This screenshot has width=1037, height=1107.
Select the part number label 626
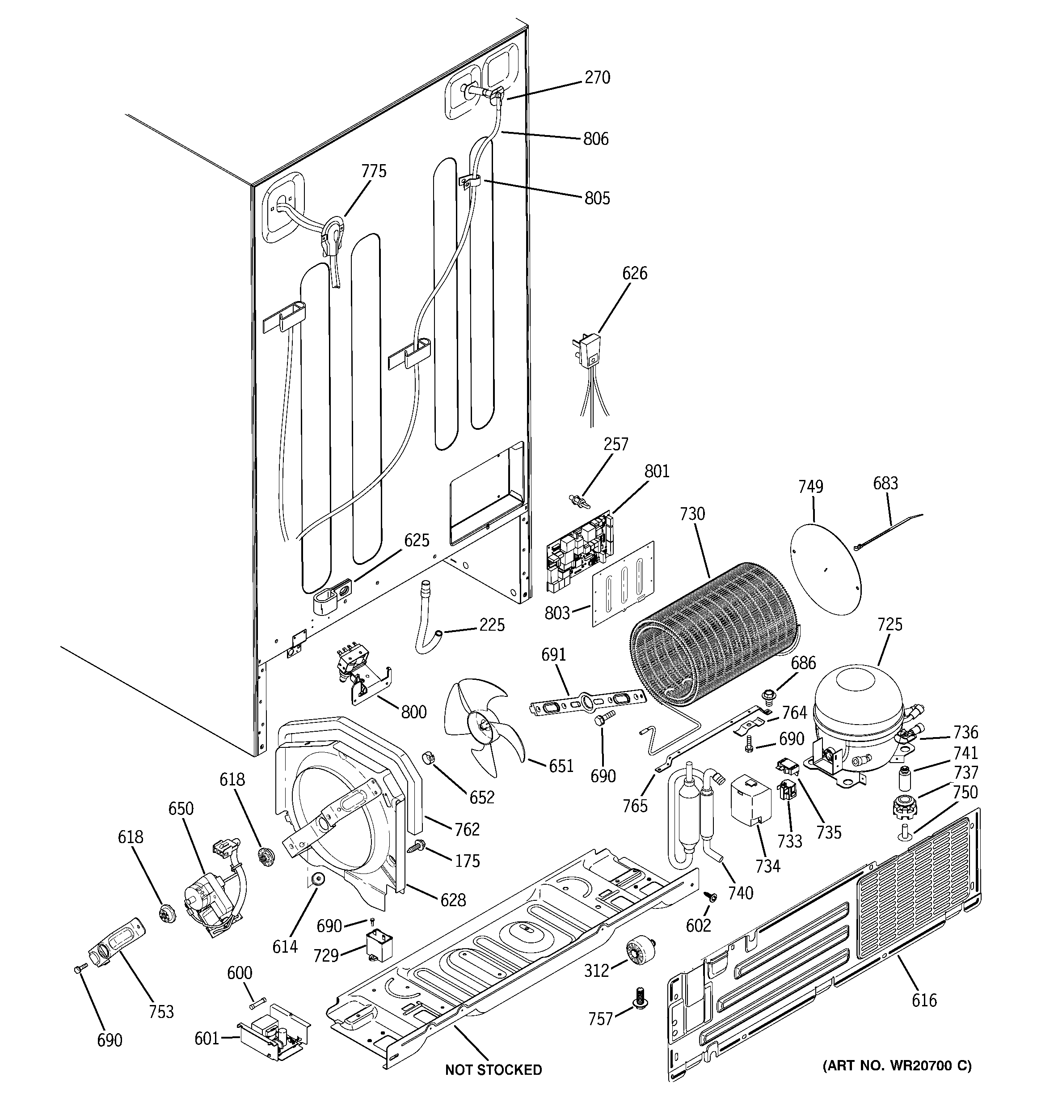(x=635, y=273)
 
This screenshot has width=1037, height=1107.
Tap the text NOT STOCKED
(x=493, y=1070)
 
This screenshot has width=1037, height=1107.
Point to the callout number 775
(x=374, y=171)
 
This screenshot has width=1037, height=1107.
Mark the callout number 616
(x=924, y=1000)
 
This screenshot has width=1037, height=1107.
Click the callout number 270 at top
(x=597, y=77)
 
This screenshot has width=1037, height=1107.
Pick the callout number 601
(x=207, y=1038)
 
